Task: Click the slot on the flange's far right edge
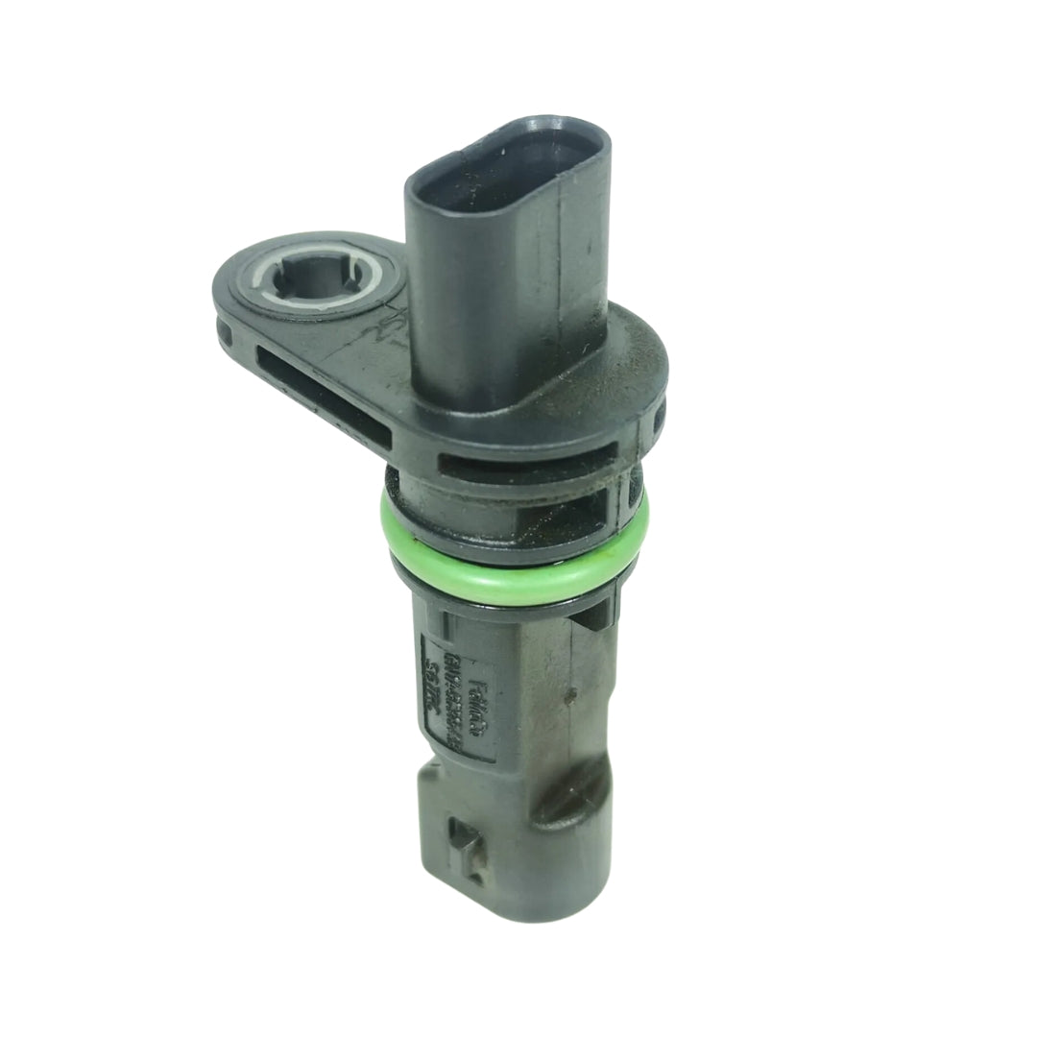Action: click(x=659, y=419)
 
